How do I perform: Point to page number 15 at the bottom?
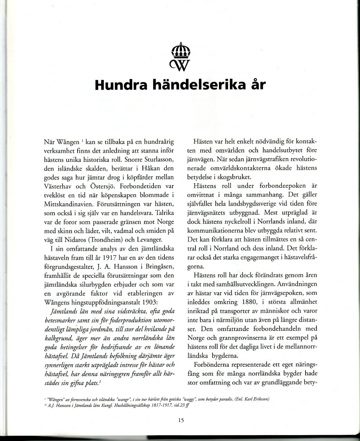(x=181, y=420)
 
